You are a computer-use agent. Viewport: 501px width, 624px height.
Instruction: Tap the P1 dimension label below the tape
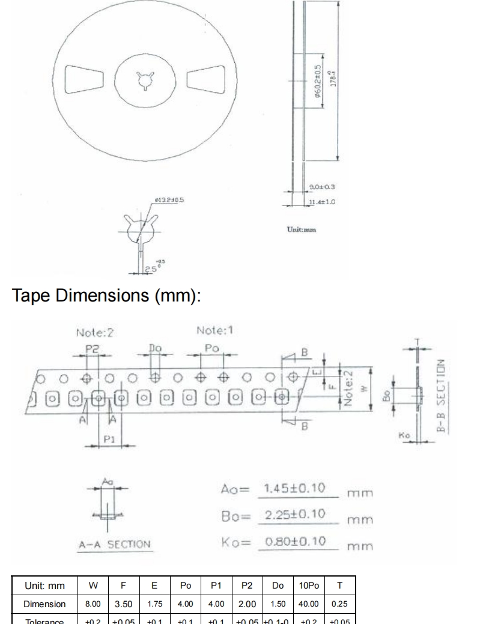click(108, 439)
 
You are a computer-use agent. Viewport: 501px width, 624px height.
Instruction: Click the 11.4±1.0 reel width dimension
click(321, 202)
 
